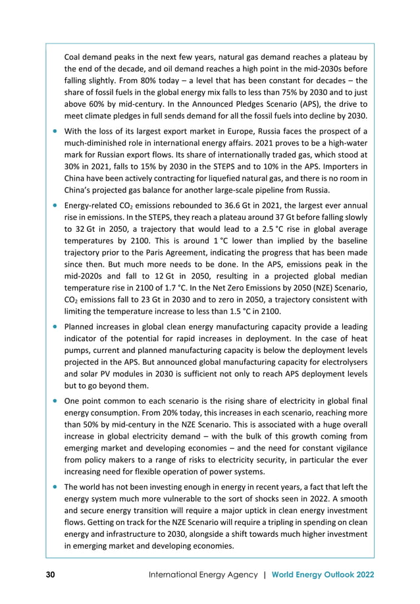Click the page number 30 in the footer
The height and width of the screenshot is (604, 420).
pyautogui.click(x=50, y=574)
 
